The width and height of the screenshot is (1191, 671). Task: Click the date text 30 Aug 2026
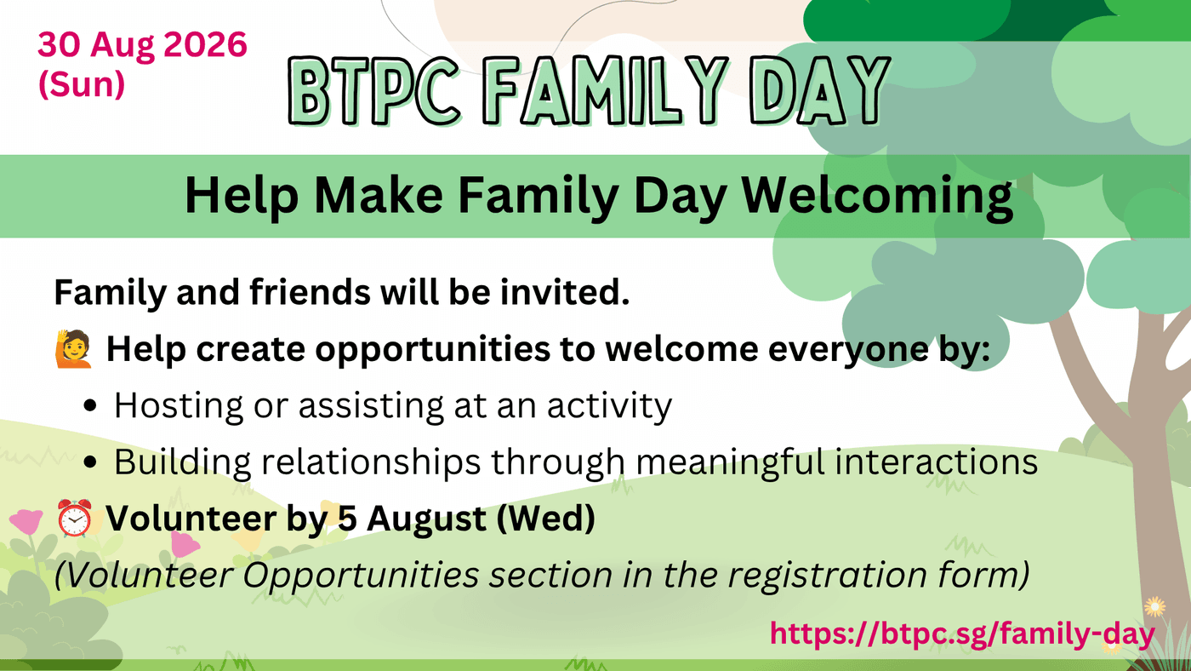coord(143,44)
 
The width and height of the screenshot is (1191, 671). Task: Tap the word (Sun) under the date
coord(82,84)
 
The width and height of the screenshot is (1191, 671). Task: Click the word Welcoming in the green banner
coord(877,197)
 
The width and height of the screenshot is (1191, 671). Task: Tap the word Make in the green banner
coord(379,196)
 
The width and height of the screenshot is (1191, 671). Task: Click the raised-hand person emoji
coord(73,348)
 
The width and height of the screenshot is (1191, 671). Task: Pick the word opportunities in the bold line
coord(433,351)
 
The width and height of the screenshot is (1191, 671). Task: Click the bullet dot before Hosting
coord(90,405)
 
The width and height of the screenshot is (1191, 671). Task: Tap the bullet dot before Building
coord(90,462)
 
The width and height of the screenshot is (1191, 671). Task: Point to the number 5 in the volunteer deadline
coord(347,519)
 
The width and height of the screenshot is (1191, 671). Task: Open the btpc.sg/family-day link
coord(962,634)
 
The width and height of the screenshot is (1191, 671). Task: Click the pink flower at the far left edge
coord(26,520)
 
